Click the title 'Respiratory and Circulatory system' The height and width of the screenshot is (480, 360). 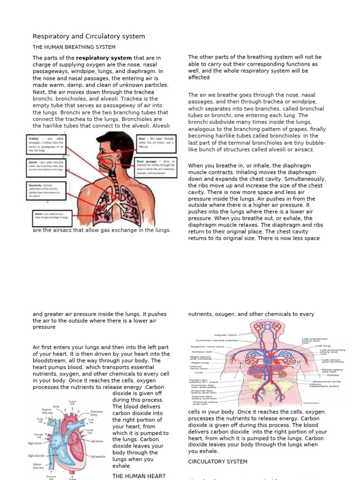(x=89, y=36)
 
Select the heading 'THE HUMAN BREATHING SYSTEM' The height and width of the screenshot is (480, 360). (x=74, y=47)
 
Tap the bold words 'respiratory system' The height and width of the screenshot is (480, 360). (x=104, y=58)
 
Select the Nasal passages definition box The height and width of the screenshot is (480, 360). (x=157, y=167)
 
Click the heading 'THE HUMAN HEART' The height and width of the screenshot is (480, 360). (x=139, y=476)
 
